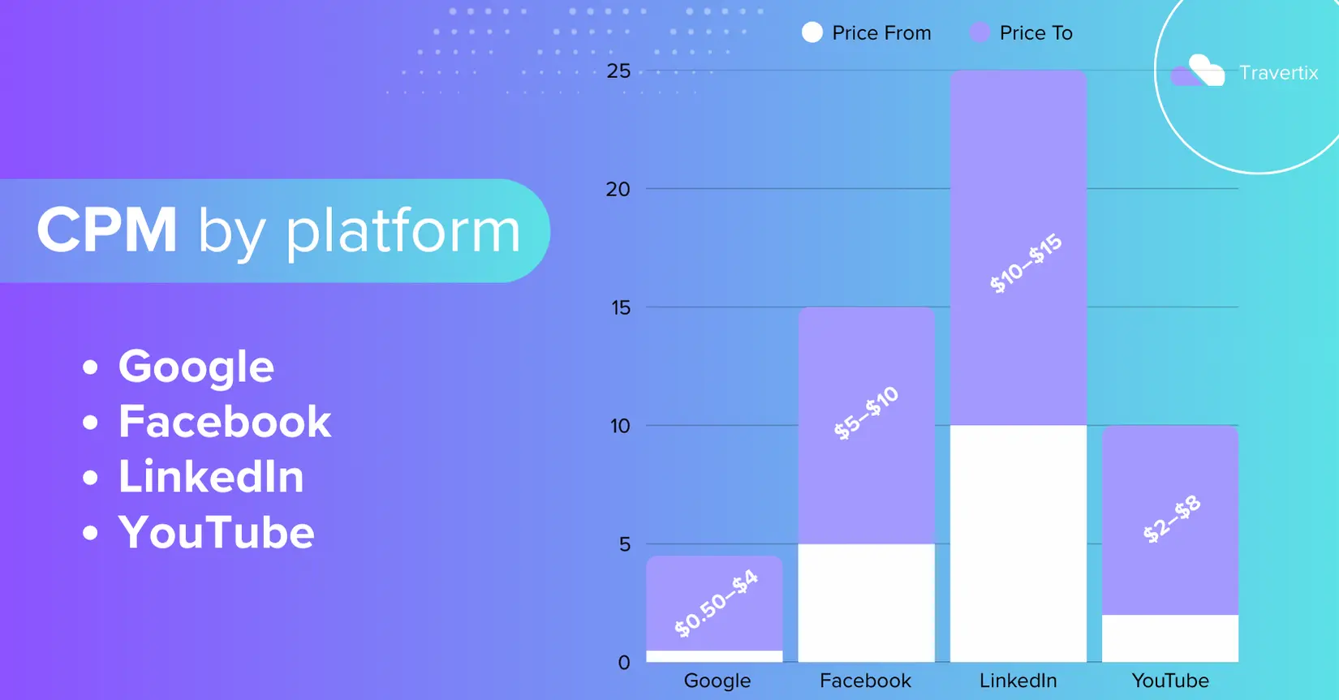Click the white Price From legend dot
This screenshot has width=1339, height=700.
[x=812, y=32]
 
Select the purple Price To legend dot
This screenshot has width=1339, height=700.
[x=979, y=32]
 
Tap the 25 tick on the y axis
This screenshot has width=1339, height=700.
[x=618, y=71]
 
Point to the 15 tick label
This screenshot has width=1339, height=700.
[x=621, y=307]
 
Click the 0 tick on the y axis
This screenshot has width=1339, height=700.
[x=624, y=663]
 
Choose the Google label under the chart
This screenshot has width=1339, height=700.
[x=717, y=681]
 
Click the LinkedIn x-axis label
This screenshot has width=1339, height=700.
[x=1018, y=681]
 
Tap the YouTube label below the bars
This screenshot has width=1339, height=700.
[x=1170, y=681]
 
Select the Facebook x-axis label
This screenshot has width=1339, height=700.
[x=865, y=681]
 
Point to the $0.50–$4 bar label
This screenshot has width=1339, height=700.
[x=716, y=603]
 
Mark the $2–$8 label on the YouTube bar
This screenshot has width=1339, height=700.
[x=1172, y=519]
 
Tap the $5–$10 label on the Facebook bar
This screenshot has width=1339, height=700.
[x=866, y=413]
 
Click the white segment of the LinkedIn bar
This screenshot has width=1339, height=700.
[x=1018, y=543]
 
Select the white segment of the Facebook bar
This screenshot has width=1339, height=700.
[x=866, y=603]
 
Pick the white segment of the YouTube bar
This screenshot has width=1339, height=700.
[x=1170, y=638]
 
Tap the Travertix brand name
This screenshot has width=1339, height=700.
[x=1279, y=73]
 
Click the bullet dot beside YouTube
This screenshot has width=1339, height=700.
[x=90, y=532]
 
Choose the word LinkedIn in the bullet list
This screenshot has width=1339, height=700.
[x=211, y=477]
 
